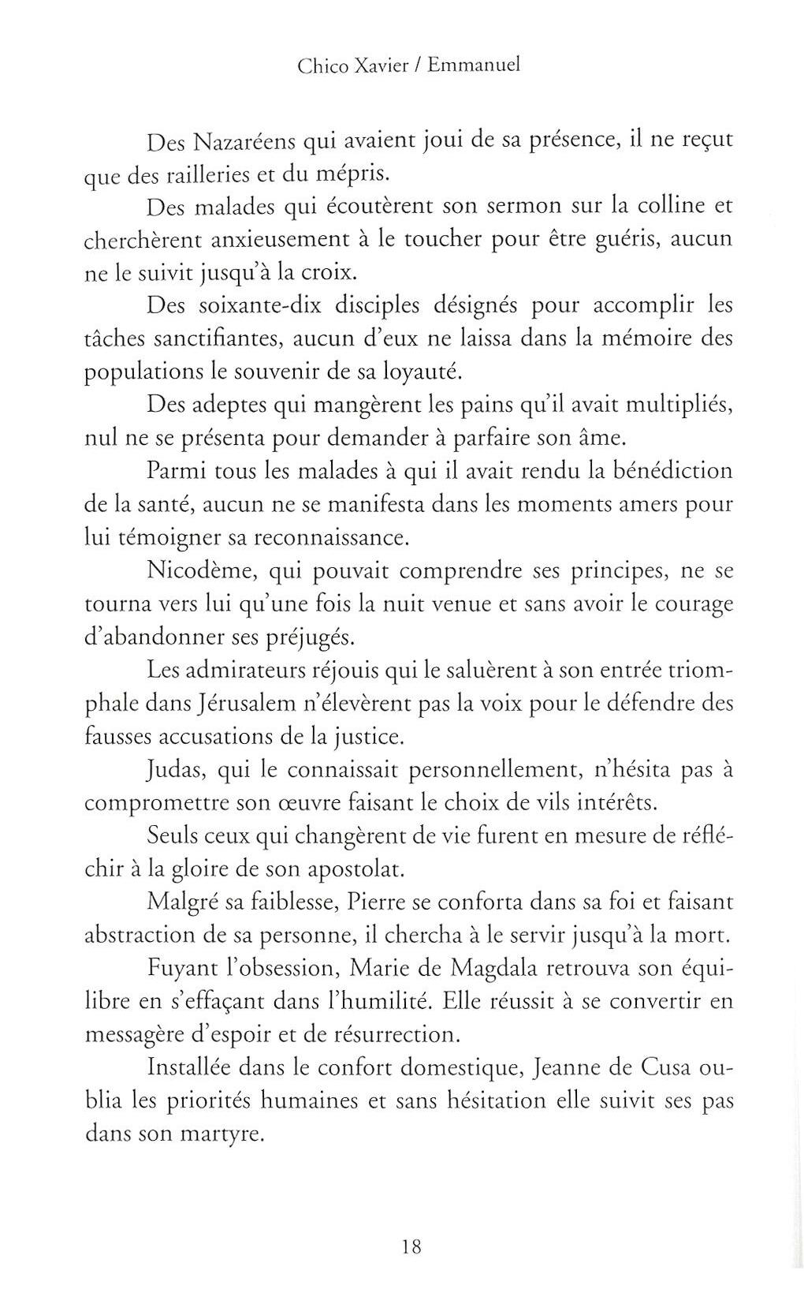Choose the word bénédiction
coord(672,472)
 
